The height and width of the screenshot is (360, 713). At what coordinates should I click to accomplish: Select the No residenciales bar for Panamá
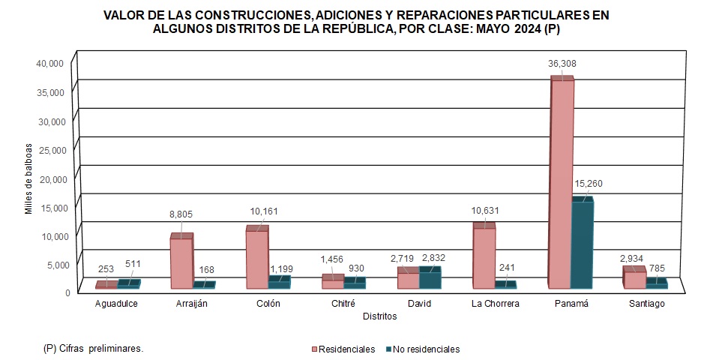click(x=582, y=244)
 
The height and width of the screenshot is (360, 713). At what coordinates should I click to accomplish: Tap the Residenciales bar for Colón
click(x=257, y=259)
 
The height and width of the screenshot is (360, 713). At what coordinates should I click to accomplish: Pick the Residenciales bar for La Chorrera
click(x=484, y=258)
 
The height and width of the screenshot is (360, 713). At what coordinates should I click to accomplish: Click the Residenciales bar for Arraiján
click(x=181, y=263)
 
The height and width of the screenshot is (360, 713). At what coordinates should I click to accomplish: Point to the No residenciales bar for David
click(x=429, y=279)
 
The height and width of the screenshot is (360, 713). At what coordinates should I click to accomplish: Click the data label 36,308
click(x=562, y=64)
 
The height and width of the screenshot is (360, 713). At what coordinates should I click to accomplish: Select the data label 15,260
click(x=589, y=184)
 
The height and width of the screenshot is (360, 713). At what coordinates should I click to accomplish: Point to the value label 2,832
click(x=434, y=258)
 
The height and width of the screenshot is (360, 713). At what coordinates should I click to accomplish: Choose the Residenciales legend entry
click(x=343, y=349)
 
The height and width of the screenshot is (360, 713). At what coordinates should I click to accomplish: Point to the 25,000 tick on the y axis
click(x=51, y=149)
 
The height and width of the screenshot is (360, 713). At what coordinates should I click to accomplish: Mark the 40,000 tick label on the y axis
click(x=51, y=63)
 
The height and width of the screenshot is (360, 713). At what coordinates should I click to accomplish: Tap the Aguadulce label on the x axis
click(x=116, y=304)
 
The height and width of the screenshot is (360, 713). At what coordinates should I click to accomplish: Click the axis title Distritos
click(x=379, y=316)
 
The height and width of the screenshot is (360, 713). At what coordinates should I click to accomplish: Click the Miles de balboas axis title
click(x=28, y=178)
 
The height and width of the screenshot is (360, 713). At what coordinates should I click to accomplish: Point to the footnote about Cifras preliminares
click(x=94, y=349)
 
